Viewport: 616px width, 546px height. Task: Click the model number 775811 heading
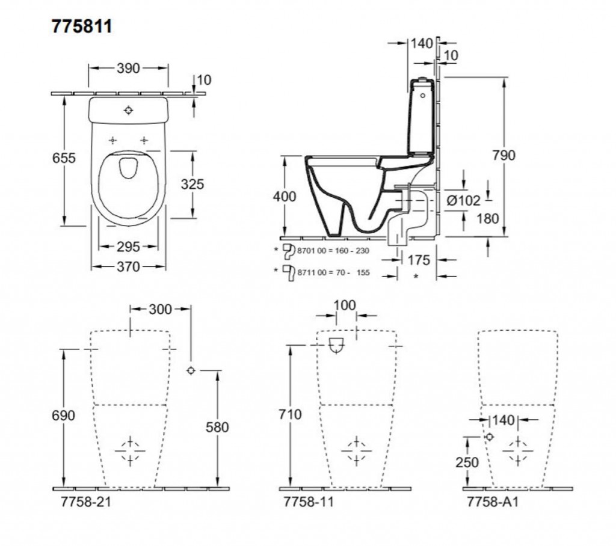(x=82, y=27)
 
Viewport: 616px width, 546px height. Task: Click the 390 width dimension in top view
(x=128, y=69)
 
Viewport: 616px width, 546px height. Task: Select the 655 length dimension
(x=64, y=158)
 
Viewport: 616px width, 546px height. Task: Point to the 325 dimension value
(x=192, y=184)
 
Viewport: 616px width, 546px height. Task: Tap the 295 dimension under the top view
(x=128, y=247)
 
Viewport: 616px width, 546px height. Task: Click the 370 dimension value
(x=128, y=266)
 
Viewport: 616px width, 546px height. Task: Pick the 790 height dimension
(x=504, y=156)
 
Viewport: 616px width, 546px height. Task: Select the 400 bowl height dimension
(x=285, y=197)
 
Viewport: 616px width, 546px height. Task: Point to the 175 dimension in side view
(x=419, y=260)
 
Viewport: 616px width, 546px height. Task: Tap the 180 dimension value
(x=488, y=218)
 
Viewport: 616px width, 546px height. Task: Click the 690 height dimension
(x=64, y=416)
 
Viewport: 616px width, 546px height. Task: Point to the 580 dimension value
(x=217, y=428)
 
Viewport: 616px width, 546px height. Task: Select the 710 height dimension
(x=291, y=415)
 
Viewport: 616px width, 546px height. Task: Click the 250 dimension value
(x=467, y=462)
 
